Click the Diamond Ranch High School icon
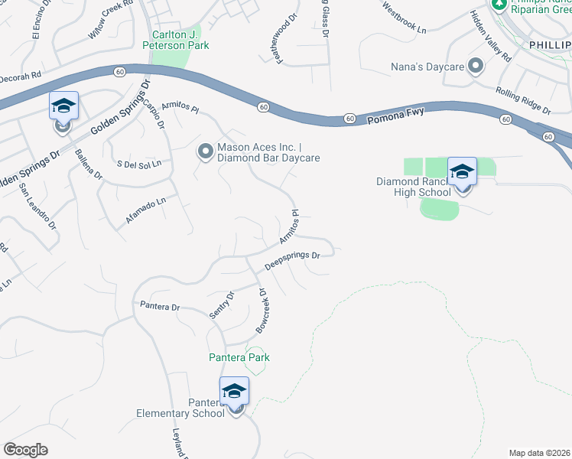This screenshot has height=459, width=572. click(462, 171)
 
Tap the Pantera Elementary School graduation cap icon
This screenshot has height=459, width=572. click(234, 391)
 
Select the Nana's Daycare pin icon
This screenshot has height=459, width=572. click(475, 67)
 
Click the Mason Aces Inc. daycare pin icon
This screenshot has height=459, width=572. click(205, 152)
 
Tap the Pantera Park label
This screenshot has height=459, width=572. click(239, 357)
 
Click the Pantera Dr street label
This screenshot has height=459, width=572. click(159, 307)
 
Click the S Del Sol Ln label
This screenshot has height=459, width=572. click(139, 164)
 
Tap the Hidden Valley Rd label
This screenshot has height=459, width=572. click(490, 36)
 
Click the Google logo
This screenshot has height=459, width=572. click(25, 450)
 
